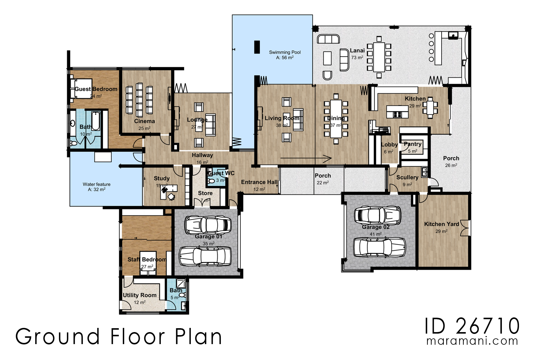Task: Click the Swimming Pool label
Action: click(285, 52)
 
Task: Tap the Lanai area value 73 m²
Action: click(357, 58)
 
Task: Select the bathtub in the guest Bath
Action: click(95, 121)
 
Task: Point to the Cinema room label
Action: click(144, 121)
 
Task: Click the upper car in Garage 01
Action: click(208, 225)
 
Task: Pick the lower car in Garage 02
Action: click(379, 247)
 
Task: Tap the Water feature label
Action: click(97, 184)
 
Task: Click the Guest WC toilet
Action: click(211, 181)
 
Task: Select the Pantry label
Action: click(412, 144)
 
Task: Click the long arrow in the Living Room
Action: click(306, 158)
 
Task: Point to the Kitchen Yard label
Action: click(441, 224)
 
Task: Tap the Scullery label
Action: click(407, 177)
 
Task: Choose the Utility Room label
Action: click(139, 295)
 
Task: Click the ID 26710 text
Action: click(472, 326)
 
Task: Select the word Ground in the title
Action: click(58, 337)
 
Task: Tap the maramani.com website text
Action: click(472, 341)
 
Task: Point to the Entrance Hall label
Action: click(259, 182)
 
